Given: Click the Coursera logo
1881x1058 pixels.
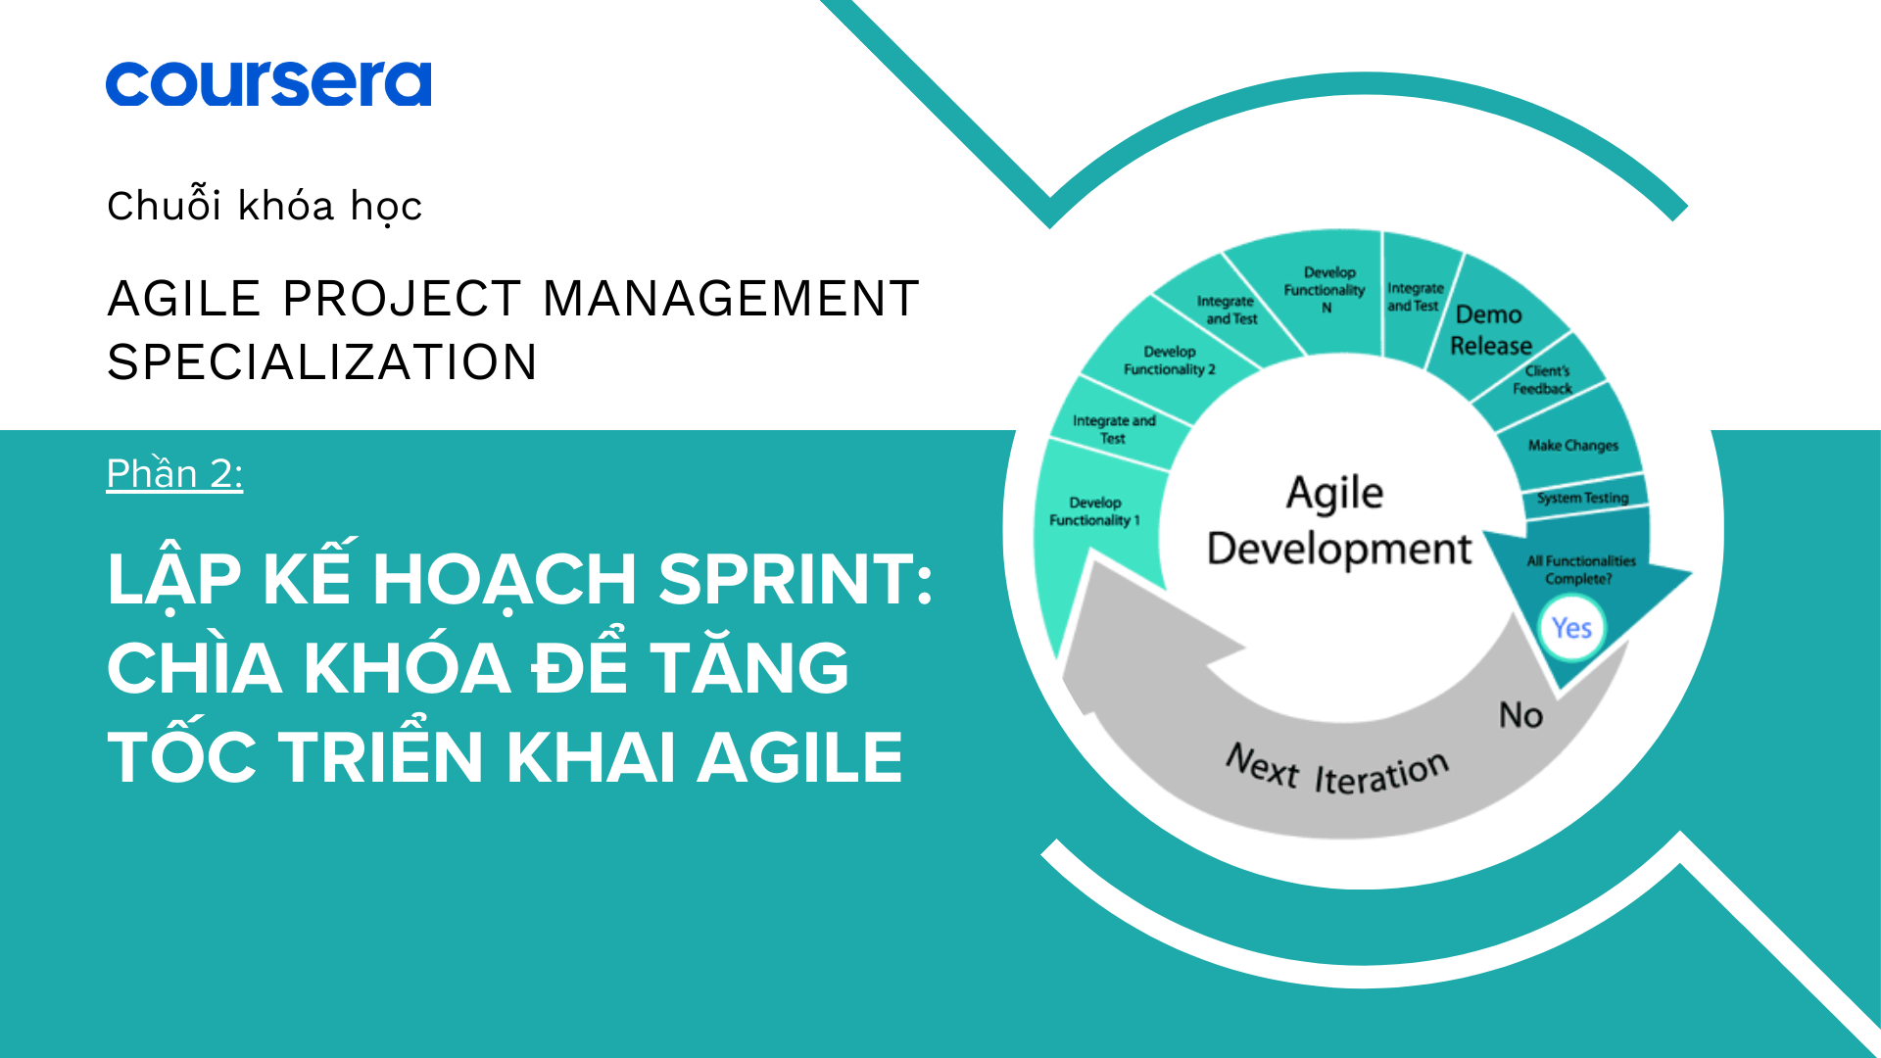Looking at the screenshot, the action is [x=268, y=83].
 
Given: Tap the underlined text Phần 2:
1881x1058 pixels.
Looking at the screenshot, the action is [x=174, y=473].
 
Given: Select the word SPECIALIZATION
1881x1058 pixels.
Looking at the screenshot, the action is [x=322, y=361].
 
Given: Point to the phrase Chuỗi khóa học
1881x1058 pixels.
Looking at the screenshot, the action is [x=265, y=206].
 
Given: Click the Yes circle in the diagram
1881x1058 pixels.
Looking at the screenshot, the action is [x=1571, y=628].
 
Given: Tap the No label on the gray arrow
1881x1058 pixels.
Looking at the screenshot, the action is [x=1520, y=715].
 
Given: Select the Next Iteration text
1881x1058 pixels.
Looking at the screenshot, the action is [x=1336, y=770].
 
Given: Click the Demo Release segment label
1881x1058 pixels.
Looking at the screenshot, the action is [x=1490, y=330].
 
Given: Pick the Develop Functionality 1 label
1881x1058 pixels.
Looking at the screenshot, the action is [x=1094, y=511].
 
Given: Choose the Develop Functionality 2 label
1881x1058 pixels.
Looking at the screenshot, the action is [x=1169, y=361].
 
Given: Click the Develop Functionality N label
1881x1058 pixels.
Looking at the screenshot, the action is [x=1325, y=289].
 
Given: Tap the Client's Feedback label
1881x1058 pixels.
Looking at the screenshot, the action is [x=1543, y=379].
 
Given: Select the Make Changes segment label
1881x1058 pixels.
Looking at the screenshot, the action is [x=1572, y=446].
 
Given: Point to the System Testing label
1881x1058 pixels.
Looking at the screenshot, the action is [x=1582, y=498].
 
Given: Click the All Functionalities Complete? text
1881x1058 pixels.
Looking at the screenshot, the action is [x=1580, y=569].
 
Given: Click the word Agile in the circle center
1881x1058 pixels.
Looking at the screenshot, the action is [x=1334, y=493].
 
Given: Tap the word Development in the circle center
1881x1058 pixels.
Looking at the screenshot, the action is [x=1339, y=549].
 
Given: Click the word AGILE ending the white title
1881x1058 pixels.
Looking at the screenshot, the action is [x=799, y=757].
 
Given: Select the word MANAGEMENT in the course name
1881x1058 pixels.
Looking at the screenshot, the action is [x=731, y=299].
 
